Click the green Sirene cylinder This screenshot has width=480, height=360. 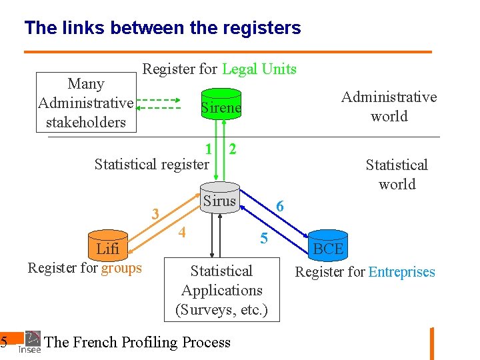221,107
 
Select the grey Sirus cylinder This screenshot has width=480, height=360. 220,201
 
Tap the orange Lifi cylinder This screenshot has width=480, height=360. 108,249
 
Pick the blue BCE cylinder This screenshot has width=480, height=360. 328,249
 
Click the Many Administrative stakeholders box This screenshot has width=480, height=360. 86,103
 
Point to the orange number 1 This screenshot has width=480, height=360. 209,149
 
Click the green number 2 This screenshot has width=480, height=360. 232,148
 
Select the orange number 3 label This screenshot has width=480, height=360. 155,214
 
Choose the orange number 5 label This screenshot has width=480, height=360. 264,237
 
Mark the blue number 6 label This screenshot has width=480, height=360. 280,207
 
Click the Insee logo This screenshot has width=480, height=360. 30,341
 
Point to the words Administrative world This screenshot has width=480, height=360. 389,107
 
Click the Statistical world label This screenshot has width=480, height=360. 397,174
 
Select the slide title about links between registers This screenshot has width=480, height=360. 163,28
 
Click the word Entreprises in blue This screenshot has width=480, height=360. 401,272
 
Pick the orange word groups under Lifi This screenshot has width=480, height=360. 121,268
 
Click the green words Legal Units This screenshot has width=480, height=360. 259,69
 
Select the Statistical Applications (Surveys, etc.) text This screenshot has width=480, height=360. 221,290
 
